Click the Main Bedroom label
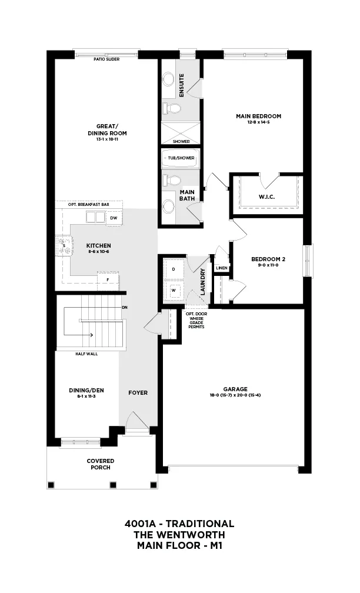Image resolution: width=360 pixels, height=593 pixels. (x=259, y=116)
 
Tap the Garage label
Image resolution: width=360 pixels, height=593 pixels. (x=235, y=389)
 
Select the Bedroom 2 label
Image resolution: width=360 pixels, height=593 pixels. (x=268, y=259)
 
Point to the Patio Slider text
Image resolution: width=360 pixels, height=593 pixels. (x=106, y=59)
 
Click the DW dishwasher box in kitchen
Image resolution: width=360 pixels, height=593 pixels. (x=114, y=218)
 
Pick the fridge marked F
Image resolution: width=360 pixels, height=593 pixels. (x=108, y=280)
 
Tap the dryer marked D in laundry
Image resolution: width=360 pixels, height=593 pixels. (x=174, y=269)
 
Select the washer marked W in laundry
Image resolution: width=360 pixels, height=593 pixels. (x=174, y=291)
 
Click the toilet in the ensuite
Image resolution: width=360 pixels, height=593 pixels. (x=172, y=108)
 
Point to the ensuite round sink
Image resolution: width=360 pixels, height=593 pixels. (x=168, y=79)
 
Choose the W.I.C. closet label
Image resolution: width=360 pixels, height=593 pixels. (x=266, y=197)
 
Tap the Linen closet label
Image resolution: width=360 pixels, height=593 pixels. (x=222, y=268)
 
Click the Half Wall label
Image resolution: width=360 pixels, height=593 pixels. (x=86, y=354)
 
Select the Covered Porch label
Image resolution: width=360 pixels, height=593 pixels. (x=101, y=464)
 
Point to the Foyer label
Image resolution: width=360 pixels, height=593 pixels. (x=138, y=393)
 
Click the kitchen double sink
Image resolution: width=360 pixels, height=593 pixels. (x=95, y=218)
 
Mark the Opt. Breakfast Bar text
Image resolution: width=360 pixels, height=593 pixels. (x=89, y=205)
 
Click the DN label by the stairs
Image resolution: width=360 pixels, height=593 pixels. (x=125, y=308)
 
